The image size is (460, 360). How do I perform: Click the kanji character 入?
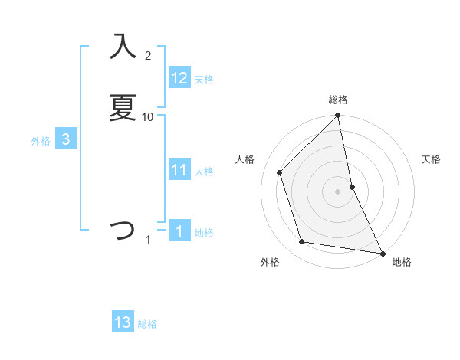pyautogui.click(x=123, y=47)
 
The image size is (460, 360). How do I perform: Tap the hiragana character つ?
pyautogui.click(x=123, y=229)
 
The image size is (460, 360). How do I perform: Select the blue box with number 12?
pyautogui.click(x=179, y=78)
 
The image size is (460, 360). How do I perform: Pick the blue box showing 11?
pyautogui.click(x=179, y=171)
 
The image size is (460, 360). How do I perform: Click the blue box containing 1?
pyautogui.click(x=179, y=232)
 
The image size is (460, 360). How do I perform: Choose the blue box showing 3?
pyautogui.click(x=66, y=140)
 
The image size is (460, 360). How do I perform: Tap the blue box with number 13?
pyautogui.click(x=123, y=322)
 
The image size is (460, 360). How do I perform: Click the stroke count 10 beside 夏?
pyautogui.click(x=148, y=116)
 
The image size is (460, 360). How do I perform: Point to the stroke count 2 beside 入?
pyautogui.click(x=148, y=56)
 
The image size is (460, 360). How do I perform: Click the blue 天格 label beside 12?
pyautogui.click(x=204, y=80)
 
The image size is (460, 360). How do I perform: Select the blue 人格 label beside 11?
pyautogui.click(x=204, y=172)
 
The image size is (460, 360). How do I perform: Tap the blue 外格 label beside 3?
pyautogui.click(x=41, y=141)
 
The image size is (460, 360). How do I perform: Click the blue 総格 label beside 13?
pyautogui.click(x=147, y=324)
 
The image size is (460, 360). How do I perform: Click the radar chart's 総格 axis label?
pyautogui.click(x=338, y=100)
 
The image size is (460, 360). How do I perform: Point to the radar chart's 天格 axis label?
pyautogui.click(x=432, y=159)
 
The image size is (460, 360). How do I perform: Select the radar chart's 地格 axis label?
pyautogui.click(x=402, y=262)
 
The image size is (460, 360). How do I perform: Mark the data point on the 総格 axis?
pyautogui.click(x=338, y=116)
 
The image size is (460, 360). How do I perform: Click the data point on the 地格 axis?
pyautogui.click(x=382, y=252)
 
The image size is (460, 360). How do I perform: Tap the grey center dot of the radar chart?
pyautogui.click(x=338, y=191)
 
